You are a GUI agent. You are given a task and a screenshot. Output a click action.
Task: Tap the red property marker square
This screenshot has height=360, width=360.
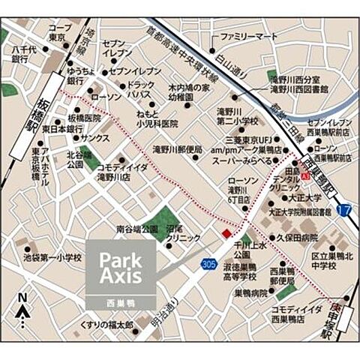point(226,233)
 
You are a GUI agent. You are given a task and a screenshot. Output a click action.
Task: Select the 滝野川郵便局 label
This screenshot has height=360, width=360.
point(178,149)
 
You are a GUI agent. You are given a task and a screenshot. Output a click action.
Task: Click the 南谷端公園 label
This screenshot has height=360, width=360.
point(136,227)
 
